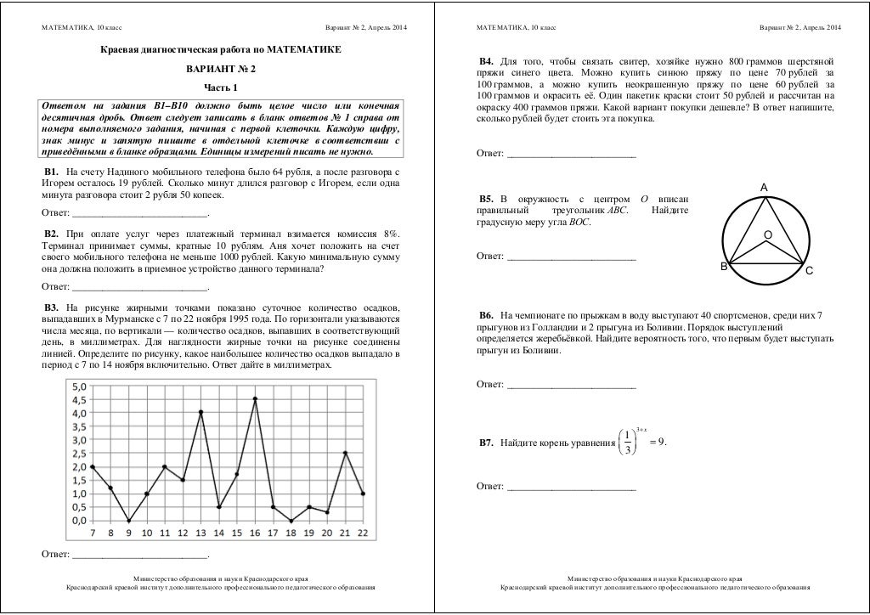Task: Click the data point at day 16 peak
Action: (255, 399)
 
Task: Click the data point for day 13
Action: (201, 413)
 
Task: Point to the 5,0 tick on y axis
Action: (77, 386)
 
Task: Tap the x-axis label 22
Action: (364, 533)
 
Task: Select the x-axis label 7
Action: (93, 533)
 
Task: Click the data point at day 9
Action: (128, 521)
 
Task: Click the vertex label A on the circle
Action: (764, 187)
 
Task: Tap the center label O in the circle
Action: (766, 234)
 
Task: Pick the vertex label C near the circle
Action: (810, 271)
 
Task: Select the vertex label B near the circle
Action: (724, 267)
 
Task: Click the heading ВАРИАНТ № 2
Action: (221, 69)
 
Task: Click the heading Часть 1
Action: (221, 87)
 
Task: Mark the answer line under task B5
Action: (571, 257)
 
